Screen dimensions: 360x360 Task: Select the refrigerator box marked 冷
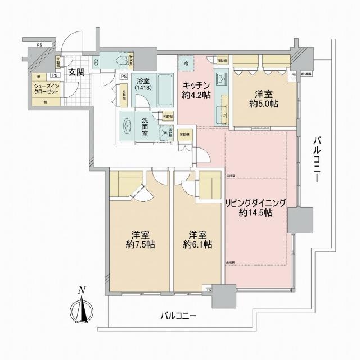tap(186, 64)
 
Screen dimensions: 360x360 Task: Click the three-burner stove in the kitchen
tap(221, 80)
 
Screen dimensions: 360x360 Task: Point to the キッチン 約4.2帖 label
tap(195, 91)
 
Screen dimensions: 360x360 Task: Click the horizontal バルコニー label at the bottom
tap(178, 316)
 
